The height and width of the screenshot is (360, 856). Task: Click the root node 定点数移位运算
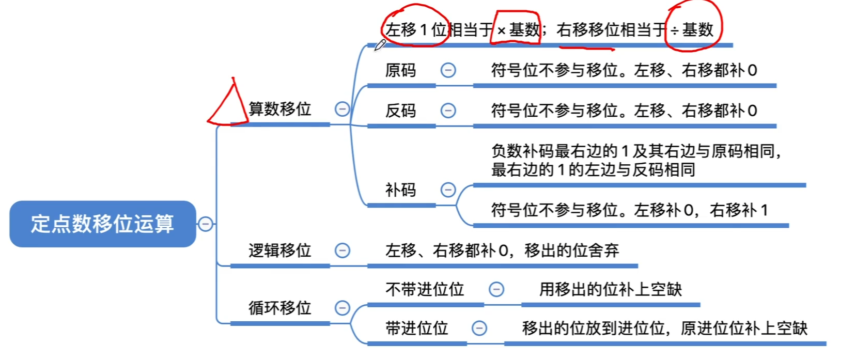pyautogui.click(x=102, y=224)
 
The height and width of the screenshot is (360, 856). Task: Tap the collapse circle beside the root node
pyautogui.click(x=206, y=224)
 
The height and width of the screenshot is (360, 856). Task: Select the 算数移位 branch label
pyautogui.click(x=279, y=109)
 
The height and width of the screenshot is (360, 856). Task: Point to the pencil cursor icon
pyautogui.click(x=380, y=45)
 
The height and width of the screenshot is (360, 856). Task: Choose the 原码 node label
pyautogui.click(x=400, y=70)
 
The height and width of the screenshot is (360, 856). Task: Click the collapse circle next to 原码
pyautogui.click(x=448, y=70)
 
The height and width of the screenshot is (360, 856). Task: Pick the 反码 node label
pyautogui.click(x=400, y=111)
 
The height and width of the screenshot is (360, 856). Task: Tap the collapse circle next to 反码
pyautogui.click(x=448, y=111)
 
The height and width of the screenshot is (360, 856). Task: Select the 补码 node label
pyautogui.click(x=400, y=190)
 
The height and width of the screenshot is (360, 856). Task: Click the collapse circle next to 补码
pyautogui.click(x=448, y=190)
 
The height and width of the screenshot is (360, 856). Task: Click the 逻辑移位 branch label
pyautogui.click(x=279, y=251)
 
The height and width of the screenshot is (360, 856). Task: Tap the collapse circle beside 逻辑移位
pyautogui.click(x=342, y=251)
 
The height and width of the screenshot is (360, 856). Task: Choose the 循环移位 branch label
pyautogui.click(x=279, y=308)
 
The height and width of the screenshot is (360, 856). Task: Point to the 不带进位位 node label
pyautogui.click(x=425, y=289)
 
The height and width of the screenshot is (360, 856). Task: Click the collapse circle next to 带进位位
pyautogui.click(x=479, y=328)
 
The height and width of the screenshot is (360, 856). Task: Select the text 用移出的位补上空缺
pyautogui.click(x=610, y=289)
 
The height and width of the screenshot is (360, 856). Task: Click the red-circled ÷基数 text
pyautogui.click(x=692, y=29)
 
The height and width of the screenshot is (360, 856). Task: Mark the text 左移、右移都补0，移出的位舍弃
pyautogui.click(x=502, y=251)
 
